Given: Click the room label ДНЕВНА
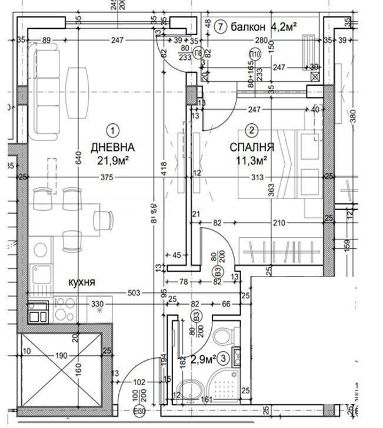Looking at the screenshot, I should tap(112, 147).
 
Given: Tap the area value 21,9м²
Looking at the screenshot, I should tap(112, 159).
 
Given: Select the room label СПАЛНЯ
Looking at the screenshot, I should tap(251, 147).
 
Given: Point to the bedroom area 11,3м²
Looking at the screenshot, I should tap(252, 159).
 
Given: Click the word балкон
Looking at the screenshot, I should tap(247, 26).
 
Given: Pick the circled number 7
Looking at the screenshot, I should tap(220, 26).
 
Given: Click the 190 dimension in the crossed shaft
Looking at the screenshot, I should tap(61, 356).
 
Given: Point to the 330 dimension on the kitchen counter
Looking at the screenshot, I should tap(96, 304).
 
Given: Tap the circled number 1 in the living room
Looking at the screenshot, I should tap(112, 130).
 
